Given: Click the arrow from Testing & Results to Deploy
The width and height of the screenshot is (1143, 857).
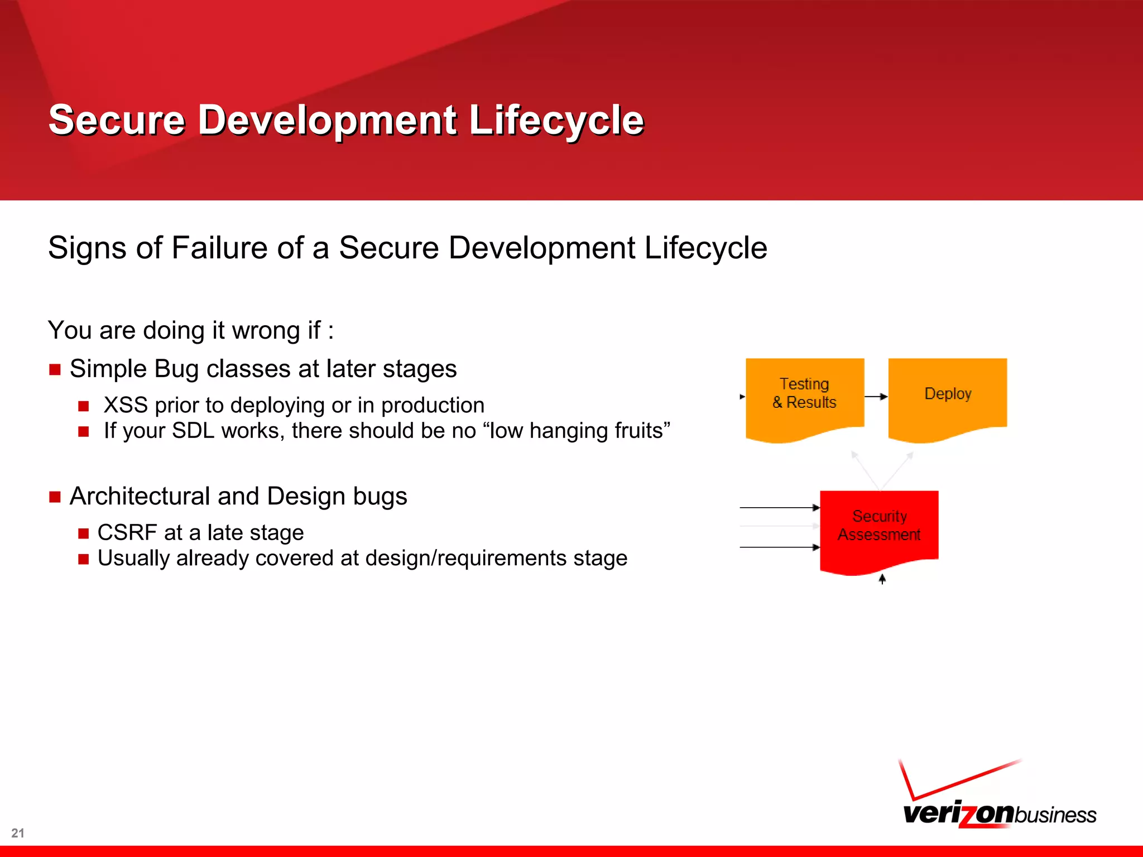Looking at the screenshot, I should pyautogui.click(x=876, y=397).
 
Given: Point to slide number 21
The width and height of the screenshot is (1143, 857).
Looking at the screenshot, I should pyautogui.click(x=18, y=833).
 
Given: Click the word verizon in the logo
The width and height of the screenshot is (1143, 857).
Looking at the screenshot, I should pyautogui.click(x=957, y=813).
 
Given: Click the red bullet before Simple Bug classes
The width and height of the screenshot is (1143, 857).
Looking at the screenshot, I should pyautogui.click(x=55, y=370).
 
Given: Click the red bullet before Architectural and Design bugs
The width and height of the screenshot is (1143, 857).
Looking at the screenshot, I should pyautogui.click(x=55, y=497).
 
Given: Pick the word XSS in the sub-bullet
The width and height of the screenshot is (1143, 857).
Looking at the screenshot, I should pyautogui.click(x=126, y=405).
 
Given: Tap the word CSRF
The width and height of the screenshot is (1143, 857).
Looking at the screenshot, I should pyautogui.click(x=127, y=532).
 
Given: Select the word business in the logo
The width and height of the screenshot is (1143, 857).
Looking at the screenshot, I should pyautogui.click(x=1055, y=815).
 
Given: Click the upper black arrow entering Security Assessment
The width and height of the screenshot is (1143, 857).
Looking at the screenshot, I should pyautogui.click(x=779, y=508).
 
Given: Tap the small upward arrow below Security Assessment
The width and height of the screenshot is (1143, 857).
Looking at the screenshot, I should pyautogui.click(x=882, y=579).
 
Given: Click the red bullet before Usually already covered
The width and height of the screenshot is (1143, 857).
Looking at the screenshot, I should pyautogui.click(x=84, y=559).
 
